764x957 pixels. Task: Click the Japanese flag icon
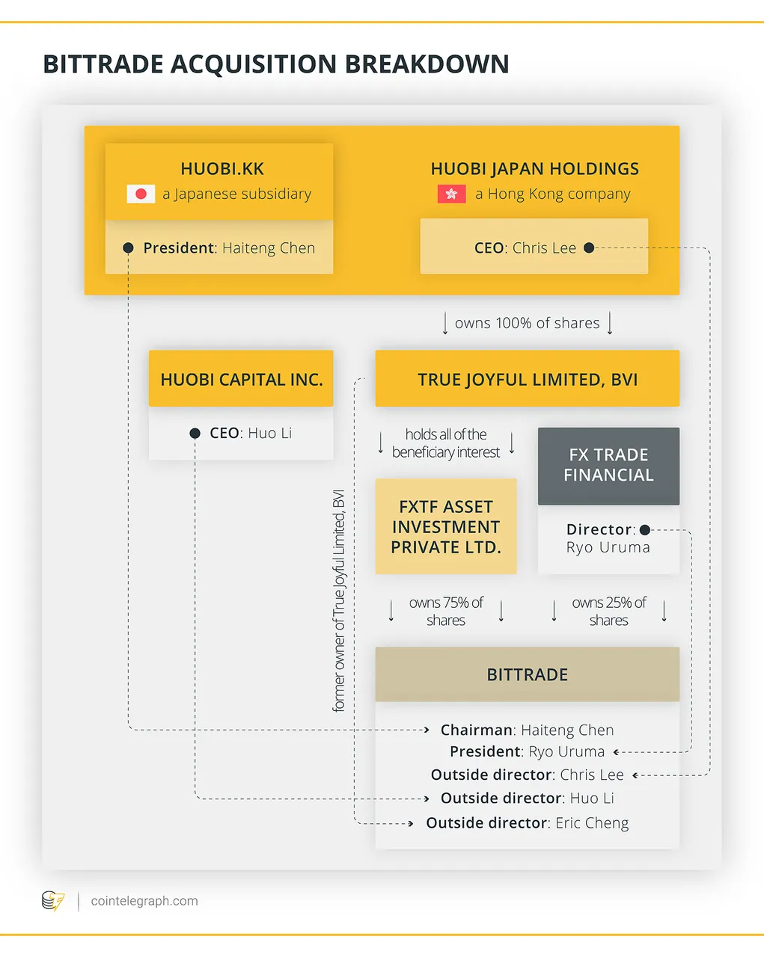pos(141,194)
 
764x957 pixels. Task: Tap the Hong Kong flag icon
pos(451,194)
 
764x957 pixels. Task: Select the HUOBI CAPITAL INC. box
pos(241,378)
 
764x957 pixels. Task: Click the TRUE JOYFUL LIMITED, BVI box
pos(527,378)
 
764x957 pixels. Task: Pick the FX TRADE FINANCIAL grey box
pos(608,466)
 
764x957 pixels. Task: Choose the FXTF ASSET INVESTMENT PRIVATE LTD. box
pos(446,526)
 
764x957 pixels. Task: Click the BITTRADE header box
pos(527,674)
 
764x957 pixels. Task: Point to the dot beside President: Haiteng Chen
pos(128,247)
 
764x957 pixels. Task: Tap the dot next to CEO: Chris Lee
pos(589,247)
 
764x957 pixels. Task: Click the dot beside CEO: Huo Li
pos(195,433)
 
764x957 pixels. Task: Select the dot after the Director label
pos(645,529)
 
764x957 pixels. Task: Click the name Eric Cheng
pos(592,823)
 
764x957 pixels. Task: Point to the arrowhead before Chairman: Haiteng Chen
pos(427,730)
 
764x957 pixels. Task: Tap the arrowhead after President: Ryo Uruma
pos(616,752)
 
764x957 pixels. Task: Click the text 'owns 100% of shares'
pos(527,323)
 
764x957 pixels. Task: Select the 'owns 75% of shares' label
pos(446,611)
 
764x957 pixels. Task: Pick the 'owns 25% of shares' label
pos(609,611)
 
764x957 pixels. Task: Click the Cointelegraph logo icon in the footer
pos(53,900)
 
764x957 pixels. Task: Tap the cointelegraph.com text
pos(144,901)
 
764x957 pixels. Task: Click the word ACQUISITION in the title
pos(254,64)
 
